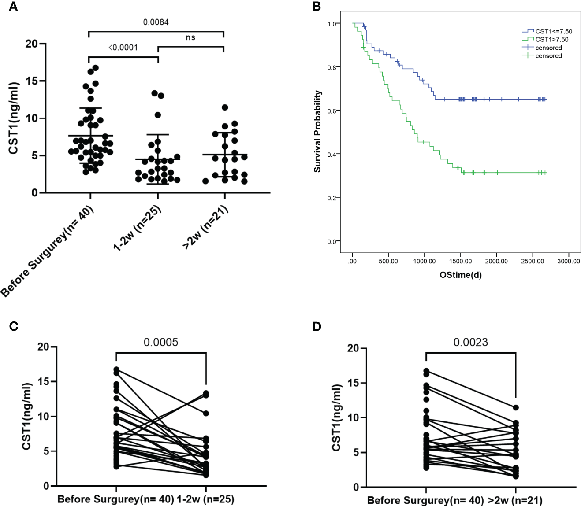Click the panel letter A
coord(13,7)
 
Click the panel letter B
coord(316,7)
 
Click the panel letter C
coord(14,326)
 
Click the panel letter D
coord(317,326)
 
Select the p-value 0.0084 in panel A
coord(156,22)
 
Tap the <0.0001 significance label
coord(123,48)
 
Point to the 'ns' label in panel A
coord(190,37)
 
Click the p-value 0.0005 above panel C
coord(161,342)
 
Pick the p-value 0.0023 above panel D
coord(471,342)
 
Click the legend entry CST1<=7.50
coord(554,31)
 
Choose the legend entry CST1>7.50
coord(551,40)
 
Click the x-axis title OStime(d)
coord(461,275)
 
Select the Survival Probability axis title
coord(317,131)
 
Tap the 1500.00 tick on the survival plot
coord(460,261)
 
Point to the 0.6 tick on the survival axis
coord(332,111)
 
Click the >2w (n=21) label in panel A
coord(205,227)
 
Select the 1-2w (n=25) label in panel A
coord(138,228)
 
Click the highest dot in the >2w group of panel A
coord(225,107)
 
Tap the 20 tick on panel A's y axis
coord(31,44)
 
